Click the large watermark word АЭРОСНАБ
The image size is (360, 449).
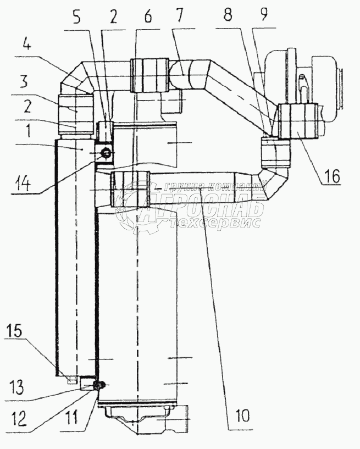coord(203,208)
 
